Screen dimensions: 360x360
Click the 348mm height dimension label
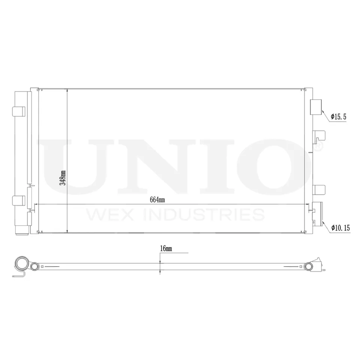(x=64, y=177)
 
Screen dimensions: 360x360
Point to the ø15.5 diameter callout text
(x=339, y=117)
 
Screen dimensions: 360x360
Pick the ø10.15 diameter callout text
(x=340, y=227)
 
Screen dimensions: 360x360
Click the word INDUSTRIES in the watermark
(x=201, y=215)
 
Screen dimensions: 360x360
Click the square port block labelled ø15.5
(x=316, y=106)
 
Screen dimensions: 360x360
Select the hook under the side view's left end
(x=21, y=275)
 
